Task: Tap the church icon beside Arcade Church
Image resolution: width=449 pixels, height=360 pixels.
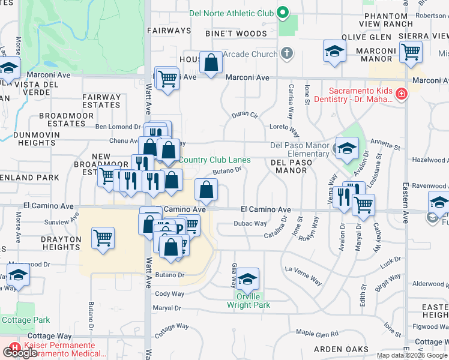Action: coord(287,54)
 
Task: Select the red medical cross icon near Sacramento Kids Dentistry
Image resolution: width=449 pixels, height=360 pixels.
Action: coord(400,93)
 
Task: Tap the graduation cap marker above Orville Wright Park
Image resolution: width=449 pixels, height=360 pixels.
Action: coord(247,279)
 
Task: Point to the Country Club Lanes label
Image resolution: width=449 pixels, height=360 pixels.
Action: coord(215,160)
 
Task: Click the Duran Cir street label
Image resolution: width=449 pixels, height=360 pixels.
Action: coord(245,114)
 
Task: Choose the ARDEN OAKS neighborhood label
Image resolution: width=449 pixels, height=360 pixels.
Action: coord(340,349)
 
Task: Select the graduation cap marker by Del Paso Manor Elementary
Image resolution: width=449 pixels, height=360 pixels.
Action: coord(347,148)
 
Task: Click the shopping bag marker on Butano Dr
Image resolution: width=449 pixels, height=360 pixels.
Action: coord(206,190)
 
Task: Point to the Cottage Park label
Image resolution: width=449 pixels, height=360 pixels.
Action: coord(25,320)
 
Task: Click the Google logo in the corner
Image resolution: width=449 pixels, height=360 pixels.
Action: coord(20,353)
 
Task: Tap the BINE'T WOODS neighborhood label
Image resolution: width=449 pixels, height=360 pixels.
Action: coord(235,34)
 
